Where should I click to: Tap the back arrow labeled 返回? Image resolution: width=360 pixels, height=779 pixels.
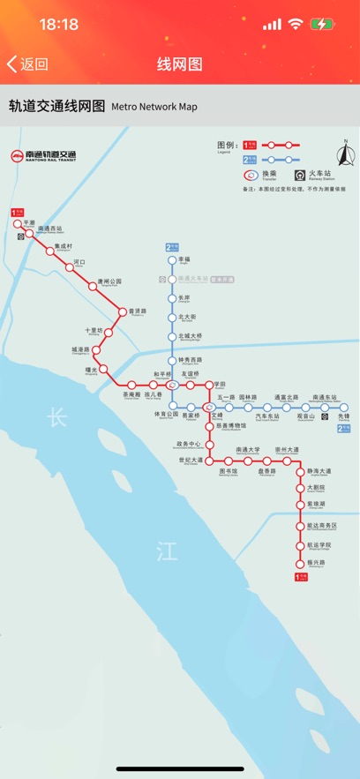[27, 64]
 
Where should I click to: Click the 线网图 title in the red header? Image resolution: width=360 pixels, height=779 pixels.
[180, 64]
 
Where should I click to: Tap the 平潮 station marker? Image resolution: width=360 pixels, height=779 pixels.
[20, 224]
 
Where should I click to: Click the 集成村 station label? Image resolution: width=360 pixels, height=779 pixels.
[64, 246]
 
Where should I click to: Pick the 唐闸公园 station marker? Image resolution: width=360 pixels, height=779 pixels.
[93, 287]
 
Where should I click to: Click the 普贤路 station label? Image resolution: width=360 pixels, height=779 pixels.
[138, 311]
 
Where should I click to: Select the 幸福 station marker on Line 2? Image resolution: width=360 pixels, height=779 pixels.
[173, 260]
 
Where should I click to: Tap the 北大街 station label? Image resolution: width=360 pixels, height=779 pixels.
[186, 317]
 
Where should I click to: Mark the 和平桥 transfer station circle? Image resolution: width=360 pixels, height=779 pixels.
[173, 385]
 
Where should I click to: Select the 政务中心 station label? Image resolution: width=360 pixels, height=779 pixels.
[189, 444]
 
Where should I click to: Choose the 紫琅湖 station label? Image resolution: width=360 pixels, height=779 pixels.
[316, 504]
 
